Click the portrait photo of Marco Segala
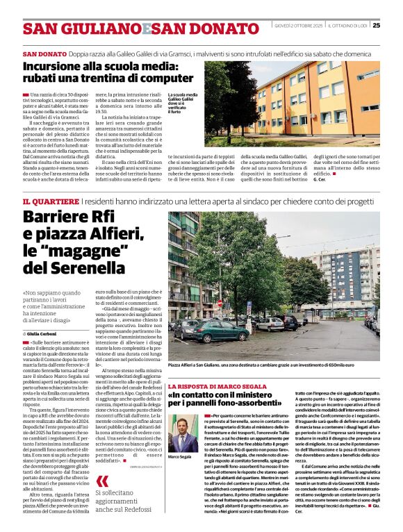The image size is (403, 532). click(183, 434)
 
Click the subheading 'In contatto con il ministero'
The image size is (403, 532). click(229, 395)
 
